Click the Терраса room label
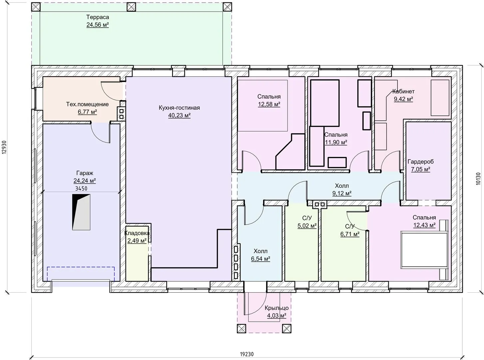tap(98, 17)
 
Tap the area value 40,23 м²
tap(179, 115)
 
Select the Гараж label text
tap(85, 173)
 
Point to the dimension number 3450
tap(81, 188)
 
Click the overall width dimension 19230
tap(247, 354)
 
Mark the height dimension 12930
tap(4, 147)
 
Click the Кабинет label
tap(403, 91)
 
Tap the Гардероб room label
tap(420, 162)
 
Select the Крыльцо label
tap(276, 308)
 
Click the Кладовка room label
tap(137, 233)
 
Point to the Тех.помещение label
tap(87, 104)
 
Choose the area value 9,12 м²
tap(342, 193)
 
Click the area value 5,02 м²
tap(307, 225)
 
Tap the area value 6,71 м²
tap(350, 234)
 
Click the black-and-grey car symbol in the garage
tap(81, 212)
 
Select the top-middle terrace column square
tap(131, 7)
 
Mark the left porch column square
tap(242, 329)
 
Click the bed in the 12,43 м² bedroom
tap(424, 250)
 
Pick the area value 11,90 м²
tap(336, 142)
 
